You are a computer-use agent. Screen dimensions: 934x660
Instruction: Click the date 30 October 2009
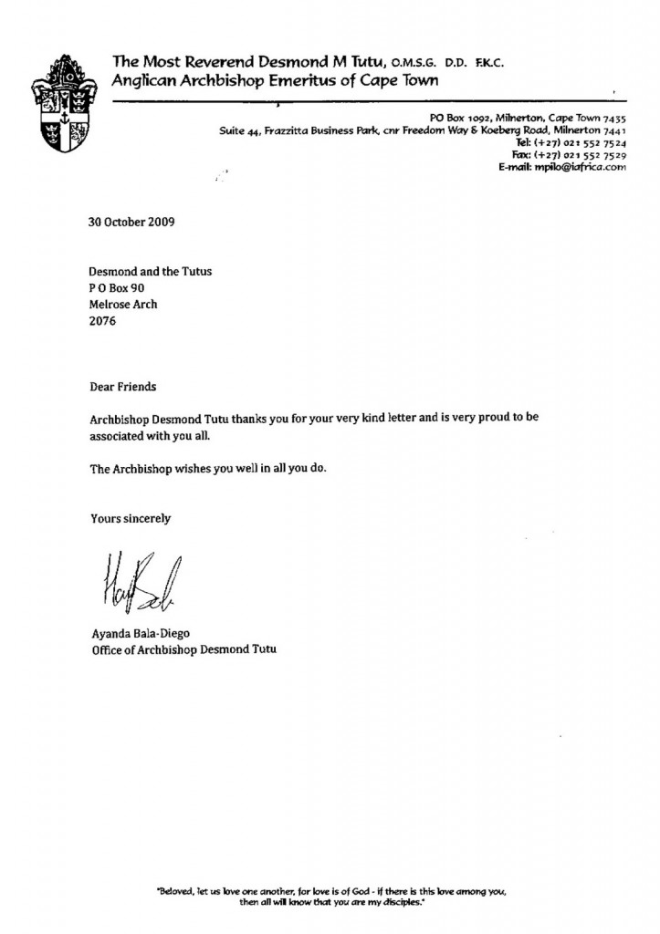click(131, 222)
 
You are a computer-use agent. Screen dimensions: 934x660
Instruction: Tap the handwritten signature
click(134, 580)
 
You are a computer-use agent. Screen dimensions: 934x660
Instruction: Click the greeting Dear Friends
click(123, 387)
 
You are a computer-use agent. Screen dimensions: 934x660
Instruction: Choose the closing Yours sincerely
click(131, 519)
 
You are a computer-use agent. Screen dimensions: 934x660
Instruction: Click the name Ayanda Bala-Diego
click(144, 634)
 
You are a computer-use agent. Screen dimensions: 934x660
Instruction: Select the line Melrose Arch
click(123, 305)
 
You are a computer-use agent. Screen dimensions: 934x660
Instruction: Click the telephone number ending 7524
click(571, 144)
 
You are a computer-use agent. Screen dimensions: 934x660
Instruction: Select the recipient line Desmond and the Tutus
click(150, 272)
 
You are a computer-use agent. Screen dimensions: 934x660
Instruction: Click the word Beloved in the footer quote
click(176, 889)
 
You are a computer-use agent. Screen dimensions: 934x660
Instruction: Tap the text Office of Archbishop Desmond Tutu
click(183, 650)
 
